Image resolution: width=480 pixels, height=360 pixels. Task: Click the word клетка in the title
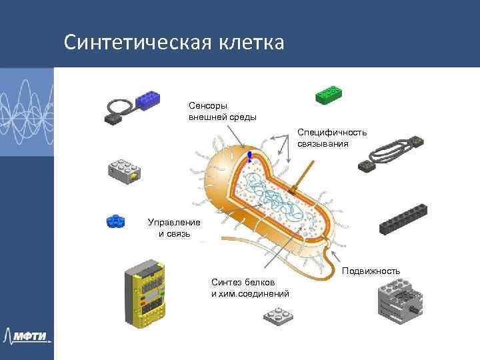(249, 42)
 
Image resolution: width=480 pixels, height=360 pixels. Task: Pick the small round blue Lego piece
(117, 221)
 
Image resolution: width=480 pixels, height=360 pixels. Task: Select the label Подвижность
(371, 271)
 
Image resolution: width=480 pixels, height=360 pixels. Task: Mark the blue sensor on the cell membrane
(249, 157)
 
